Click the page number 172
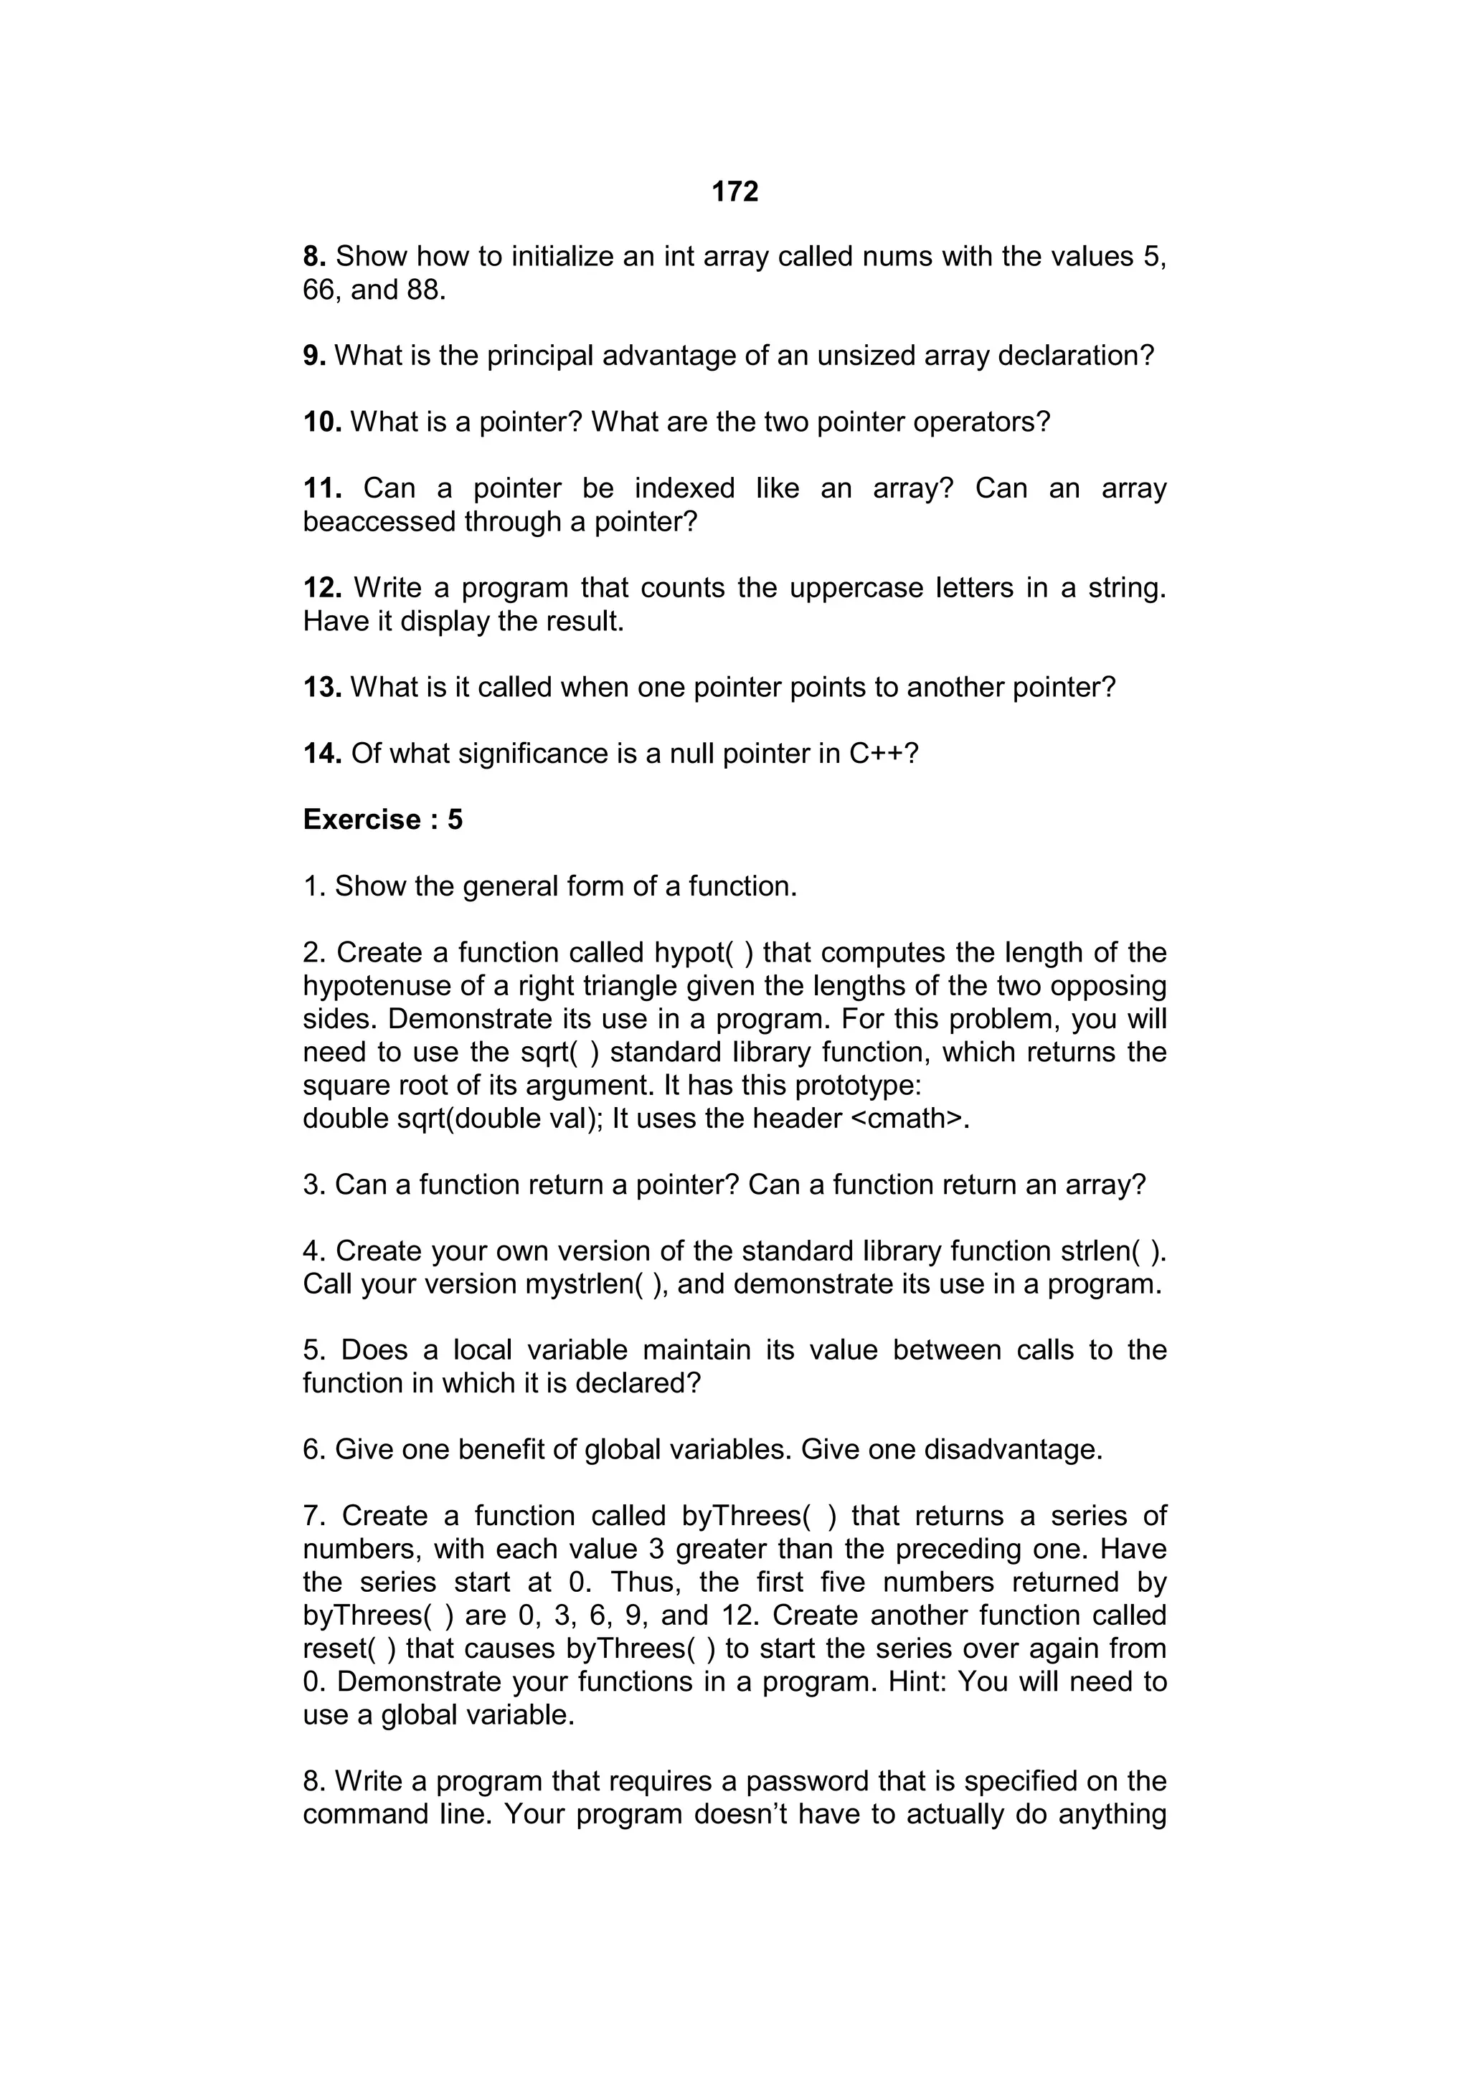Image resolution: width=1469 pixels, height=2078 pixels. (x=734, y=192)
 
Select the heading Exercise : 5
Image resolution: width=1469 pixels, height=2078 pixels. (x=382, y=819)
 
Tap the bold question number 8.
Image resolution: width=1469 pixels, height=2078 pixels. (x=313, y=257)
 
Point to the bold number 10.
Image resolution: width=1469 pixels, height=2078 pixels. (x=322, y=422)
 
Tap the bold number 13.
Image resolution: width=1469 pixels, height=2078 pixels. (x=322, y=687)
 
